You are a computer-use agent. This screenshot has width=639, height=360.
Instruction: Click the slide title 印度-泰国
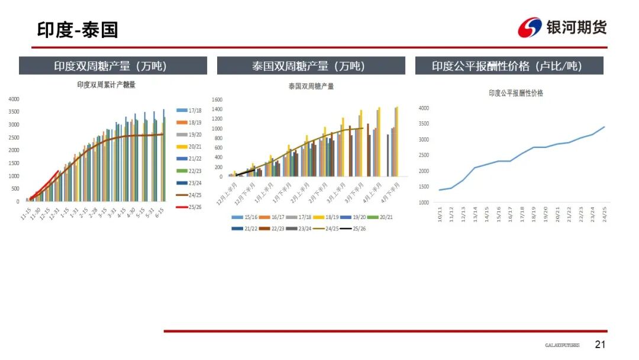[78, 30]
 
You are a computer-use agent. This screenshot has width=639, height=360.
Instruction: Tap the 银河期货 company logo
[562, 27]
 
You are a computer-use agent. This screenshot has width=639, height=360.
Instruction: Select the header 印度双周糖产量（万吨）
[113, 66]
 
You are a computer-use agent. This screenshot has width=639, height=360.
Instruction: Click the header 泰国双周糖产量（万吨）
[311, 66]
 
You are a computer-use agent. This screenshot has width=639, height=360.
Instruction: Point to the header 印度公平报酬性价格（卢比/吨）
[509, 66]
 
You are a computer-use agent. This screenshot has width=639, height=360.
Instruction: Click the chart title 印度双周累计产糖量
[106, 85]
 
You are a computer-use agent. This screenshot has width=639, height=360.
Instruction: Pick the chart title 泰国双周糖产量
[311, 86]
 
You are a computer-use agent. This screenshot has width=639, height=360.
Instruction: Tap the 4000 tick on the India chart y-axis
[14, 99]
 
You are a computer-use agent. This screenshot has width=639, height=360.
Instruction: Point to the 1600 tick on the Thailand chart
[217, 100]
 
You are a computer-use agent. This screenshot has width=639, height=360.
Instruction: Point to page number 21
[601, 345]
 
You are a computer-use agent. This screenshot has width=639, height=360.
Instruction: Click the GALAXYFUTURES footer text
[562, 345]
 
